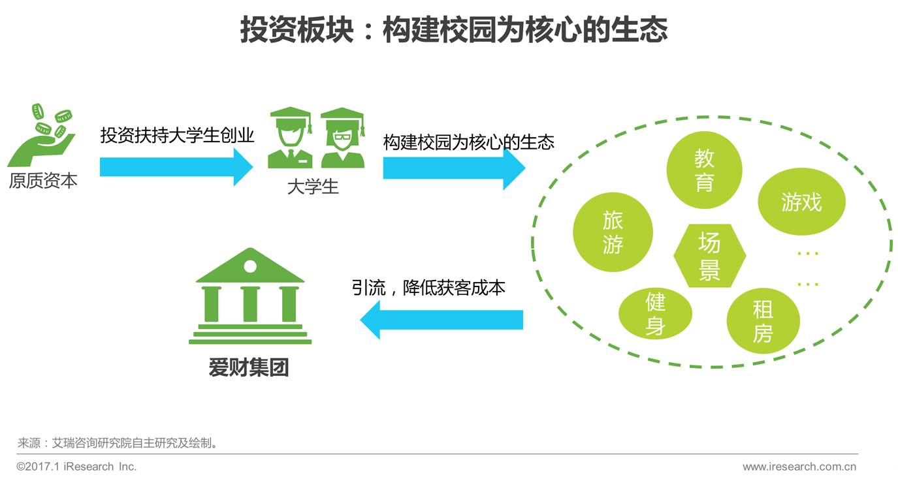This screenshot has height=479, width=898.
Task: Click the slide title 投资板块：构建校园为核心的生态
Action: [x=453, y=31]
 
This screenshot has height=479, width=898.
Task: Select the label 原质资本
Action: [x=43, y=181]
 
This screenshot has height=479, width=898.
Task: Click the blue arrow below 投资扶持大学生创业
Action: [x=176, y=166]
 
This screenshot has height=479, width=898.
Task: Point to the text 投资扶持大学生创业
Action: [x=177, y=136]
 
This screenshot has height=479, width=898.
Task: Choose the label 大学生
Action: [x=313, y=187]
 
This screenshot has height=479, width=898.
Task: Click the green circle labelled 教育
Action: [x=704, y=170]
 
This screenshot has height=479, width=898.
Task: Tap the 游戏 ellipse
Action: [x=801, y=202]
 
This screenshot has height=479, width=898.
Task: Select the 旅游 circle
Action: [x=613, y=232]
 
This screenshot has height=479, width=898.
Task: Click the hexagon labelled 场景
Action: [x=709, y=256]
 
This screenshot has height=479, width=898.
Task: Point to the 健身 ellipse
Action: [x=655, y=313]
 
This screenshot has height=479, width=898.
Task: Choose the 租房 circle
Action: [x=763, y=321]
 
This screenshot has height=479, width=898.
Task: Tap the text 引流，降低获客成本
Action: [x=428, y=287]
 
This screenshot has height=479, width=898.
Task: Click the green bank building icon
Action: [x=250, y=296]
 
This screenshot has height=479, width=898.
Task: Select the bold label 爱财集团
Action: [x=249, y=368]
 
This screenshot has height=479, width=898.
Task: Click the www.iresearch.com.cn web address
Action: [x=799, y=467]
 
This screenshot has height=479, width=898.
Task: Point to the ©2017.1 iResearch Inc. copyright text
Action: [x=76, y=467]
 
